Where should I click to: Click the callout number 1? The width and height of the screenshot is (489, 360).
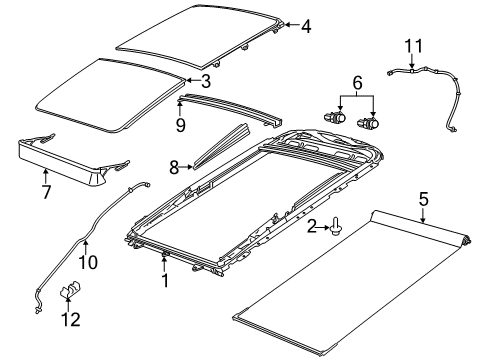point(164,283)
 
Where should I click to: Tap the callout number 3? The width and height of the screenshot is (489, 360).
point(204,80)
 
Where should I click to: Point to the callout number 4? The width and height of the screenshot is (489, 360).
point(306,27)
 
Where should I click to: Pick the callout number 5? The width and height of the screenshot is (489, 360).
point(424,199)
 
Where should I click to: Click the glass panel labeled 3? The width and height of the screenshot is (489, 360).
point(110,93)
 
